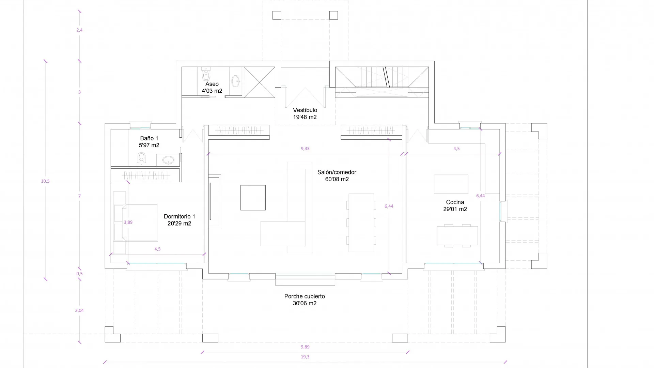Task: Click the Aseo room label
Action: pos(212,87)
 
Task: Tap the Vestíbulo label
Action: pos(305,113)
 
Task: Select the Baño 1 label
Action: pos(149,142)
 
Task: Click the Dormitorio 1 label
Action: pos(179,220)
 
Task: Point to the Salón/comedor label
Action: pos(337,175)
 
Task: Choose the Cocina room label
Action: pos(455,205)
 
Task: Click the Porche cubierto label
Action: pos(305,300)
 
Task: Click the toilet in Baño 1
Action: pos(142,159)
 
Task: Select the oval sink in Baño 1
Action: pos(168,160)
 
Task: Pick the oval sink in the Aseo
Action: pos(236,81)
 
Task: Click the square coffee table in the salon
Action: pos(253,198)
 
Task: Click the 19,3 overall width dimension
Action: pos(305,357)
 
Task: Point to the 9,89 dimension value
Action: pos(305,347)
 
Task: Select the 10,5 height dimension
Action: pos(45,181)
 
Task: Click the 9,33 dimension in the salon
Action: pos(305,149)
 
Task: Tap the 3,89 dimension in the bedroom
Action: pos(128,222)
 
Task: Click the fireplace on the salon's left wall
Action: pos(215,201)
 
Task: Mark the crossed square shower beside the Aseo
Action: pos(260,82)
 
